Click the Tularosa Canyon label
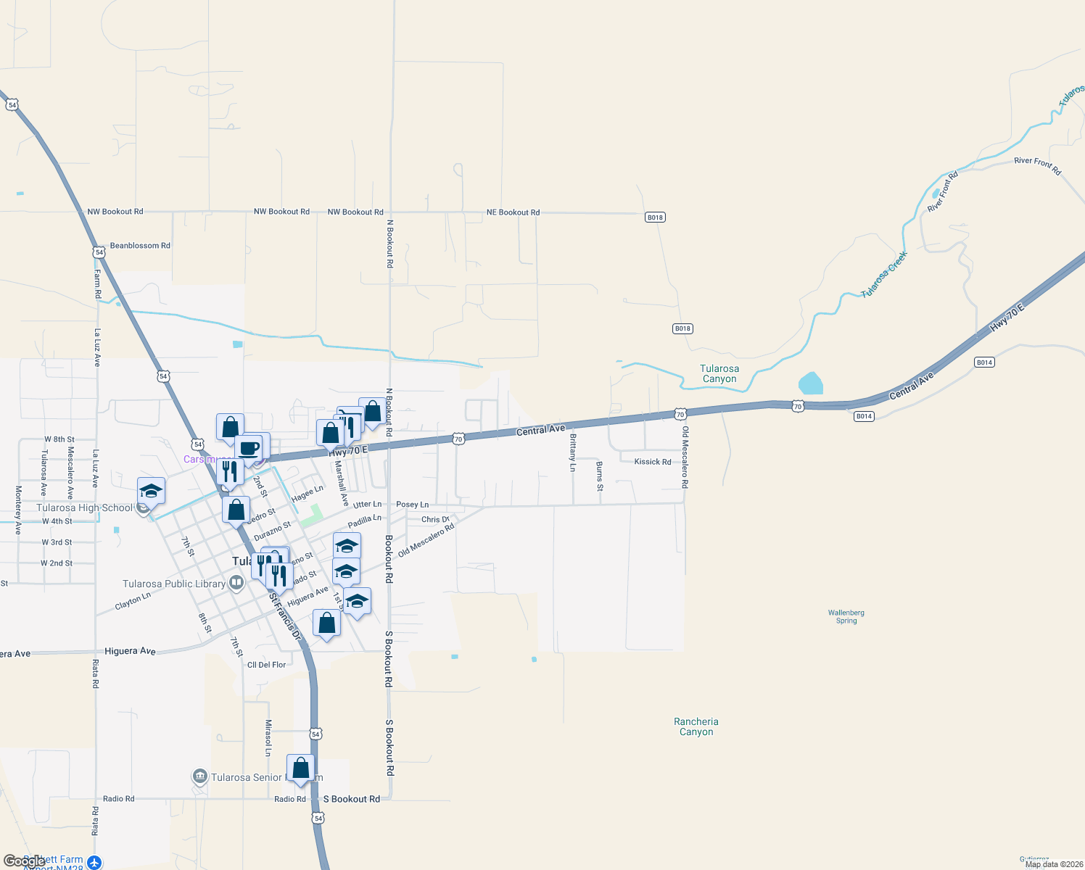(x=719, y=373)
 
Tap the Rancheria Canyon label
(x=696, y=726)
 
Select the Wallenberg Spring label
(x=846, y=616)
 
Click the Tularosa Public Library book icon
(x=236, y=583)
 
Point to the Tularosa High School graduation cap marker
(x=151, y=491)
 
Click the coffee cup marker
(x=249, y=447)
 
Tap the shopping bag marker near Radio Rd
(x=300, y=768)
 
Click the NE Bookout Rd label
(x=513, y=212)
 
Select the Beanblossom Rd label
(x=140, y=246)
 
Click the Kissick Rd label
(x=653, y=462)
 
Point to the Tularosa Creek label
(x=884, y=274)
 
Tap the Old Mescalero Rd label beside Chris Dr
(x=426, y=540)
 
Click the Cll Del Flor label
(x=266, y=665)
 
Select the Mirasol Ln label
(x=268, y=738)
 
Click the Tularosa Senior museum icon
(x=200, y=776)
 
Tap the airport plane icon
(x=94, y=862)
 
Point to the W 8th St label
(x=59, y=439)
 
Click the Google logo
(x=24, y=861)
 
